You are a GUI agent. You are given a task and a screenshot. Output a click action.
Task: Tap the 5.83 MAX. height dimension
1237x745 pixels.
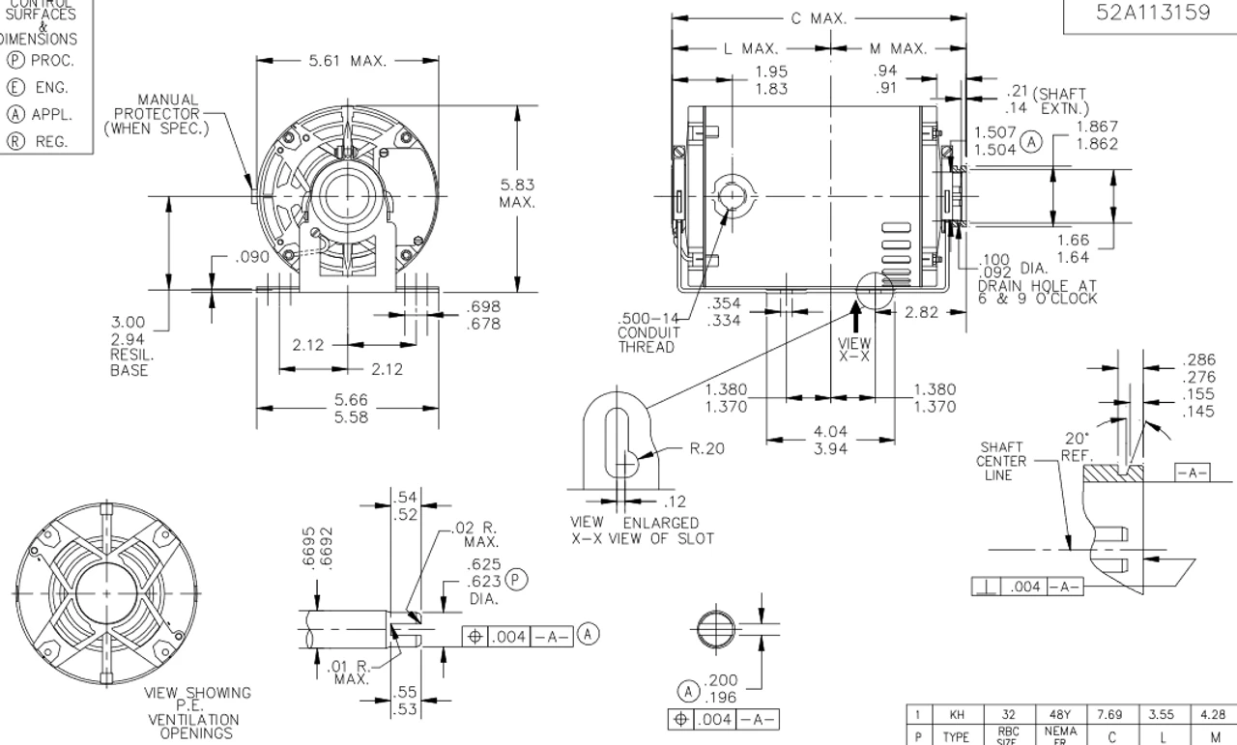tap(517, 193)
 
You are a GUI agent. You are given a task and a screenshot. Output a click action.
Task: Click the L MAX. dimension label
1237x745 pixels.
tap(751, 48)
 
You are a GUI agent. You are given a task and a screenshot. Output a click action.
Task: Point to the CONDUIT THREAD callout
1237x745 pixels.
tap(647, 333)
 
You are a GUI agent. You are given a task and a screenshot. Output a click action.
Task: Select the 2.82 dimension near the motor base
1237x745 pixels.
tap(923, 311)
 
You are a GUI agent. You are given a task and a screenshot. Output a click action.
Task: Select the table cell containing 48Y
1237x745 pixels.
tap(1055, 716)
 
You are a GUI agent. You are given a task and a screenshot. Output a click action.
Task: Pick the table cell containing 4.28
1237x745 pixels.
tap(1212, 716)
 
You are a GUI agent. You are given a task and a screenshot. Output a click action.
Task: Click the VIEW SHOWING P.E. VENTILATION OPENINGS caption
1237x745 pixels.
tap(197, 712)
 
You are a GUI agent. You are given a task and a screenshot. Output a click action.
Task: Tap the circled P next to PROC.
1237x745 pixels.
tap(15, 61)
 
